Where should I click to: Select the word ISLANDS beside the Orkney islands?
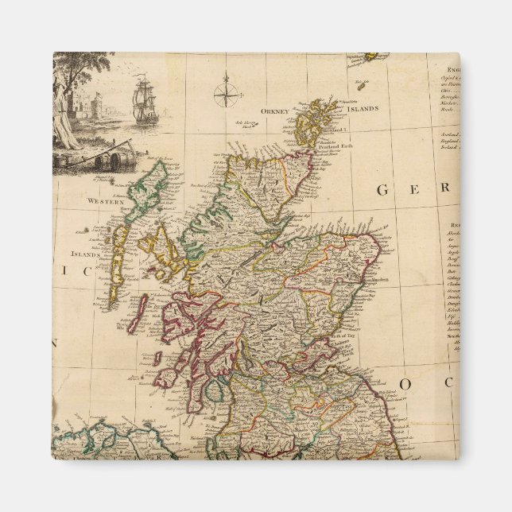click(x=362, y=108)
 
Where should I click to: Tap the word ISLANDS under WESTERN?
click(x=86, y=255)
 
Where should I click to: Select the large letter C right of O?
click(x=448, y=384)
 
